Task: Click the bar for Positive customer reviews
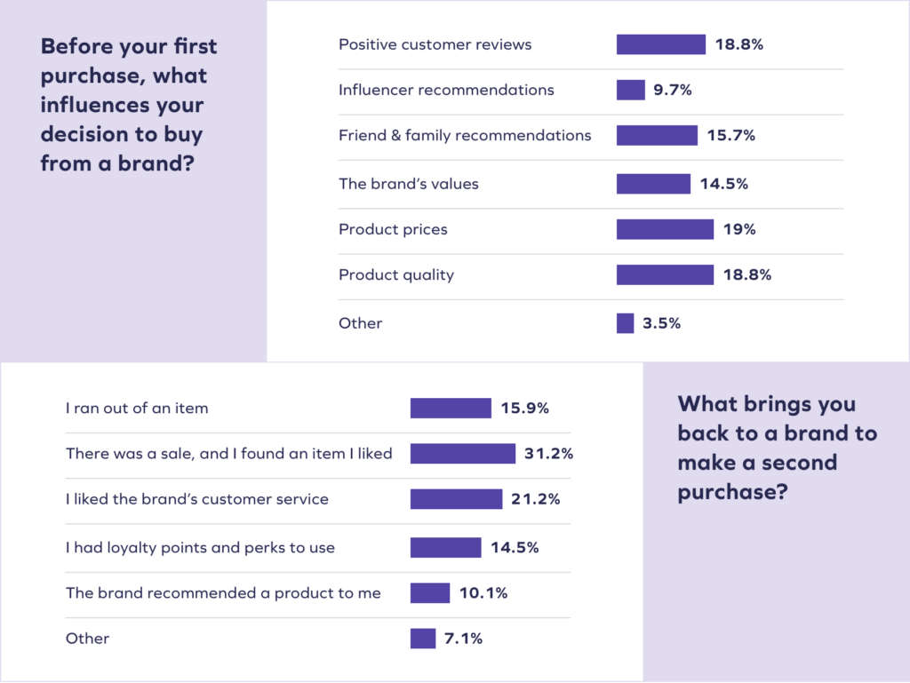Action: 660,44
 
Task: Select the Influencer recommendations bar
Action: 630,90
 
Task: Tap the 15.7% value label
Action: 731,135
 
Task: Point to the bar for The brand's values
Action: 653,184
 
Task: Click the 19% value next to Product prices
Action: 739,229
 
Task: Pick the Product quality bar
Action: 665,274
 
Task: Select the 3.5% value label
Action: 661,323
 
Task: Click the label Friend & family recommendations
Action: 465,135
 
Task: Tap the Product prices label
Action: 393,229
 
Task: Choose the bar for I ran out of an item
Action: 451,409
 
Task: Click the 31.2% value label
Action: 549,454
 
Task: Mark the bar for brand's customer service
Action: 456,499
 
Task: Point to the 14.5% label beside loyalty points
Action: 515,547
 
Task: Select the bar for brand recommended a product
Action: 430,592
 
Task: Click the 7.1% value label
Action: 464,638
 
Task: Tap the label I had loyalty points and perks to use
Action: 200,547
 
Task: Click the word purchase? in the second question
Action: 732,492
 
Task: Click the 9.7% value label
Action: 674,90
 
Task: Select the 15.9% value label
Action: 525,409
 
